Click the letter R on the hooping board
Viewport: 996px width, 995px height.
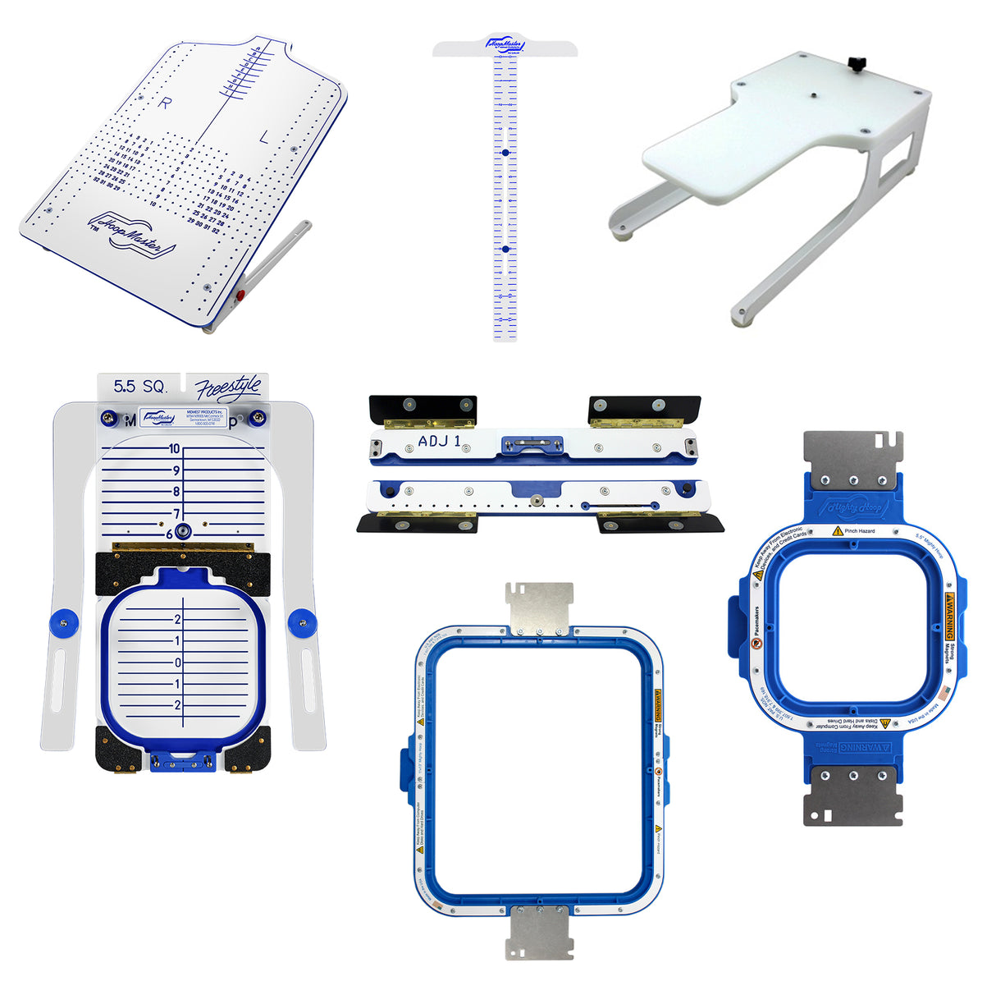(166, 103)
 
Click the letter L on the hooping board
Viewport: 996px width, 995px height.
(263, 139)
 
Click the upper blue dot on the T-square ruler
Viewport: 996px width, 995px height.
(505, 153)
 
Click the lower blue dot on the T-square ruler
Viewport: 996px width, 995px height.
(505, 248)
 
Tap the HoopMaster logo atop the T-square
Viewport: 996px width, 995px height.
(505, 44)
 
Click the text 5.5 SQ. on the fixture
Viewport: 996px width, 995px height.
(140, 387)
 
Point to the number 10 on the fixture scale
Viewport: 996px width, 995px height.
(174, 449)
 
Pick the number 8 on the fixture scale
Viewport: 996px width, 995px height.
(176, 492)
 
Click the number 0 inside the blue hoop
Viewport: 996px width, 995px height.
(178, 663)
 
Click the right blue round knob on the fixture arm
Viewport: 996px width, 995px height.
(300, 621)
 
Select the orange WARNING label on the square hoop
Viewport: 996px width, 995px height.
(950, 616)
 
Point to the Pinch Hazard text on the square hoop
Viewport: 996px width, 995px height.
(859, 531)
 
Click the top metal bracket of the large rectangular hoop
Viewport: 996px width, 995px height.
(539, 608)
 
